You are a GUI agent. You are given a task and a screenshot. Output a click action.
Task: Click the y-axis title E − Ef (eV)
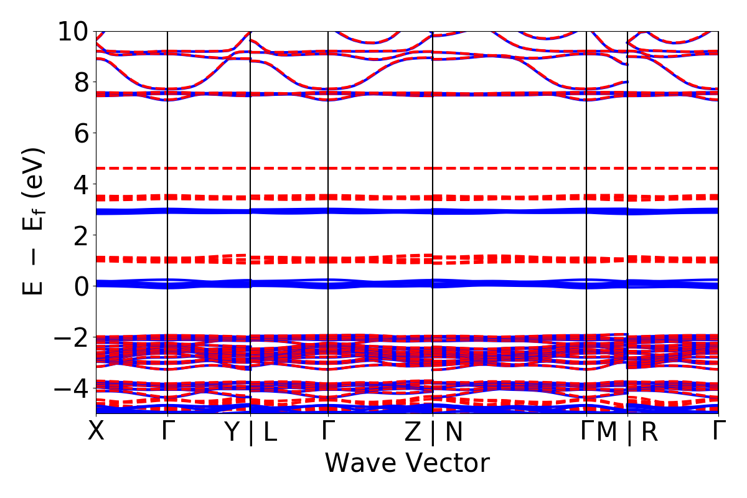[x=35, y=221]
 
